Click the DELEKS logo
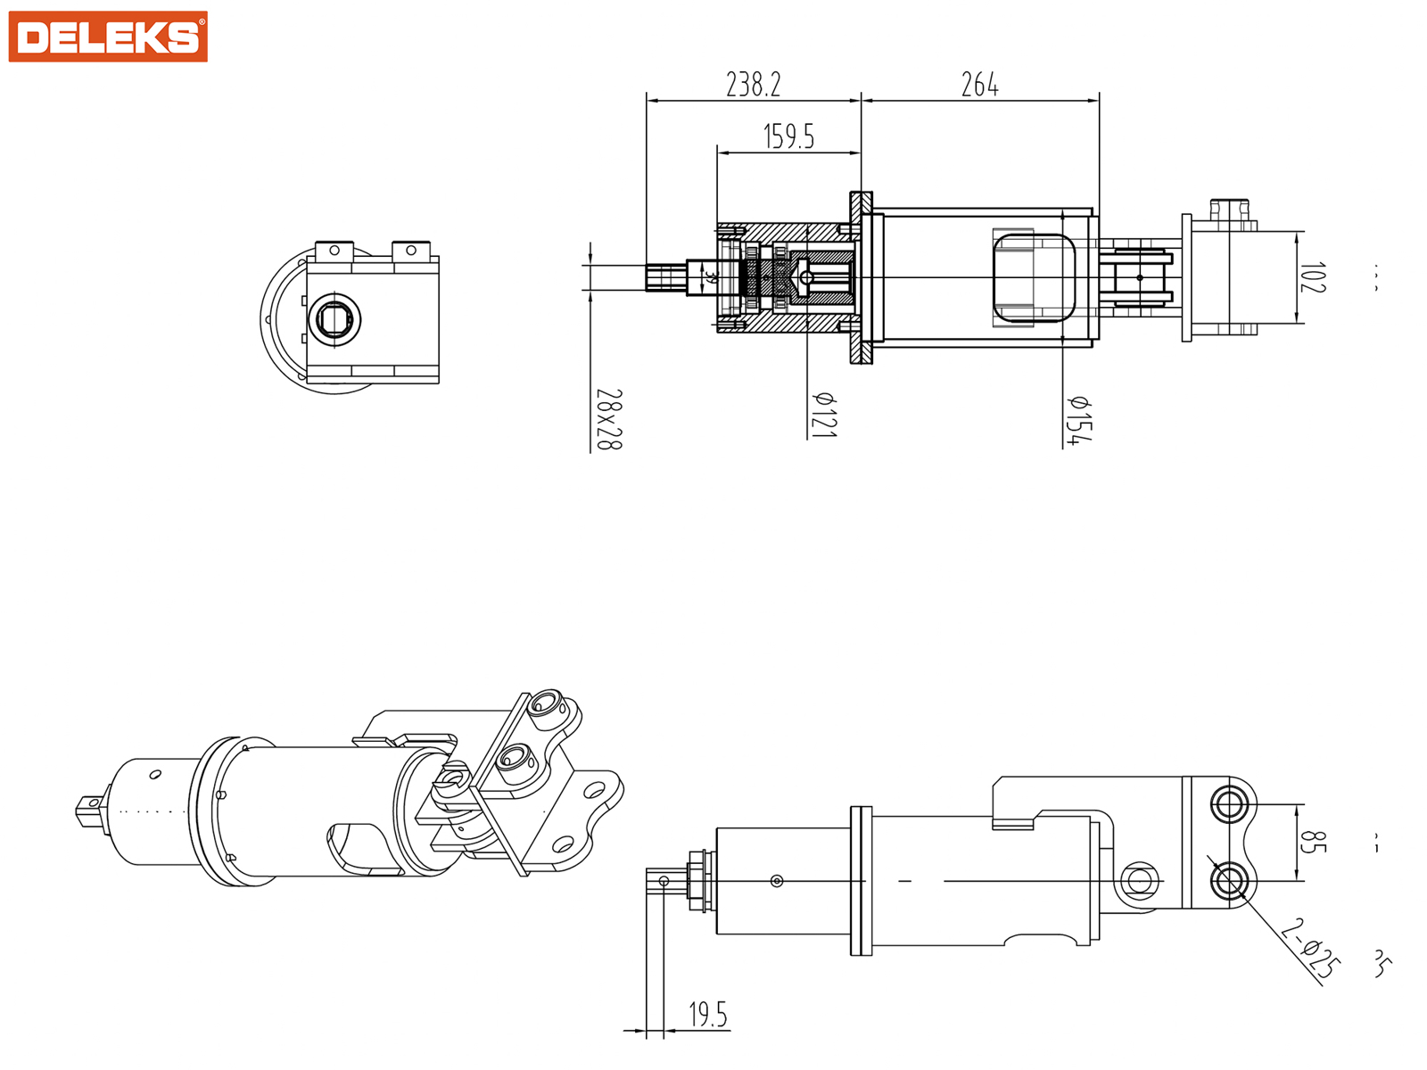[x=108, y=37]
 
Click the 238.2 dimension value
[x=753, y=85]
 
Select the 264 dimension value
[x=979, y=85]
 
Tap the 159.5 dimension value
[x=788, y=136]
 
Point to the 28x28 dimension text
[x=608, y=419]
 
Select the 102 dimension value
[x=1313, y=277]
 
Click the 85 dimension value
[x=1308, y=842]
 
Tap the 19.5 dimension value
[x=707, y=1014]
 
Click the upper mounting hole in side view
[x=1229, y=804]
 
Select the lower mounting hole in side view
[x=1229, y=882]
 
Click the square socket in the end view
[x=334, y=319]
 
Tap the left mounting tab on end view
[x=334, y=251]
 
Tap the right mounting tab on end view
[x=411, y=251]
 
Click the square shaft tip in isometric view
[x=88, y=807]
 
